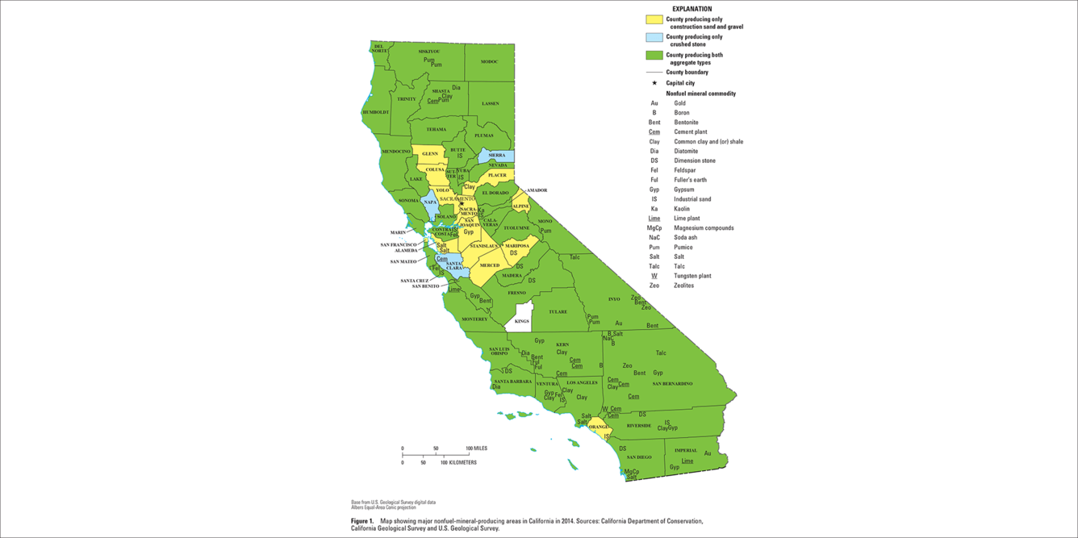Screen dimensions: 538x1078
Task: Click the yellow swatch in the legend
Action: point(654,19)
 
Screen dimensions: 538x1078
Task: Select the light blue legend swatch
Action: point(654,37)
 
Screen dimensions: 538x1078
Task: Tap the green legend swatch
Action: point(654,56)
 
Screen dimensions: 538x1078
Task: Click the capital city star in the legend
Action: point(654,83)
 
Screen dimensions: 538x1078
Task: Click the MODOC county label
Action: point(489,61)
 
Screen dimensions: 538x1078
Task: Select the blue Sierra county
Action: point(496,155)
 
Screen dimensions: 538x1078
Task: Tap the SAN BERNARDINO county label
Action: point(672,383)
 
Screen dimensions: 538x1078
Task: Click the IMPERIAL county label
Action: point(685,450)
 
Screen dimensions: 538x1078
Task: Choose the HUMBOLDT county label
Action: point(376,112)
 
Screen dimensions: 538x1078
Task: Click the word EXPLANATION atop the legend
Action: point(692,9)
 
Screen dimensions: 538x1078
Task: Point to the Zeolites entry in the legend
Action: point(683,286)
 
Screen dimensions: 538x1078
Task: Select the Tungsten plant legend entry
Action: point(692,276)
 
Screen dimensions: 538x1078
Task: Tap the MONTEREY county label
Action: point(474,319)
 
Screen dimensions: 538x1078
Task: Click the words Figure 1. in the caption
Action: point(362,521)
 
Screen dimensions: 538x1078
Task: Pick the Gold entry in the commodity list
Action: point(680,103)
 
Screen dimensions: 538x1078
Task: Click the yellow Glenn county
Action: point(429,154)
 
